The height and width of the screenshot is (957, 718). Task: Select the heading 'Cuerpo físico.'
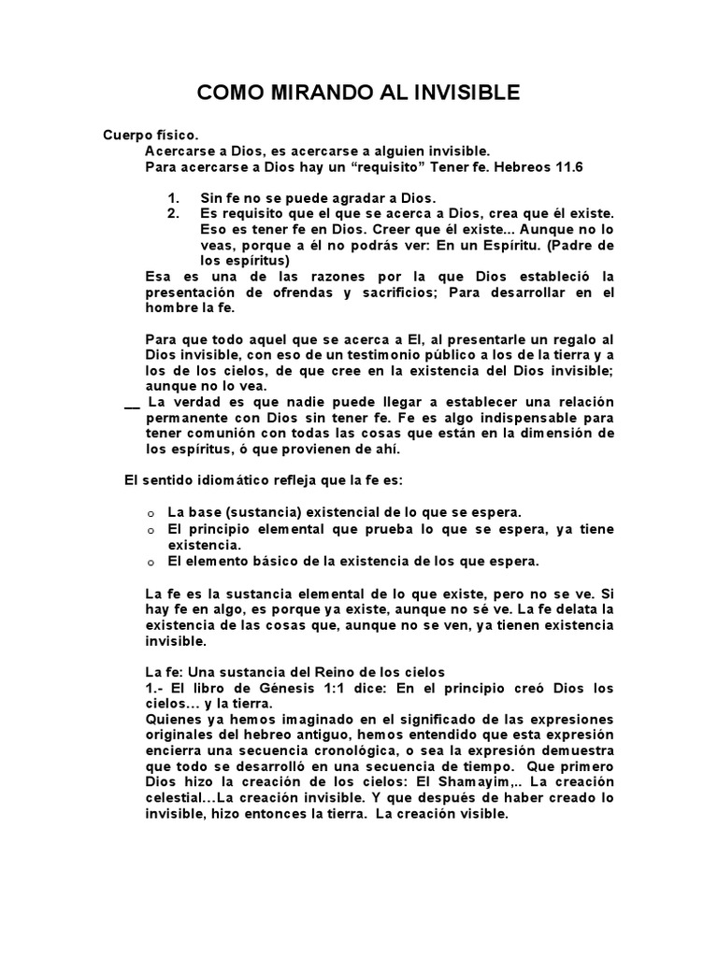[151, 136]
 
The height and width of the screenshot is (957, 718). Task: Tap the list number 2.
[173, 213]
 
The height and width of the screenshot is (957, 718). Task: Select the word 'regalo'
[573, 339]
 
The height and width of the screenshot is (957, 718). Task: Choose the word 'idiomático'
[245, 480]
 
